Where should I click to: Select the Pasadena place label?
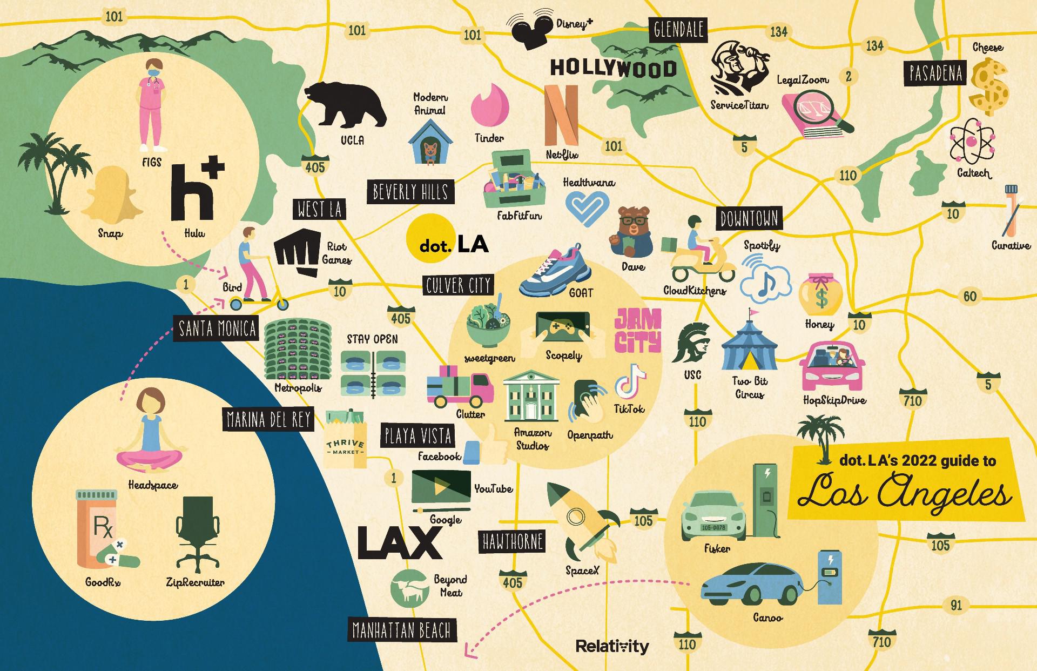[935, 74]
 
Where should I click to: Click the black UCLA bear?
[345, 105]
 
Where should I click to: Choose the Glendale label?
[678, 30]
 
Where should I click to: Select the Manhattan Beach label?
[401, 630]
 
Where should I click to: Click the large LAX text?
[400, 542]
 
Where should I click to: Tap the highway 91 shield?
[956, 605]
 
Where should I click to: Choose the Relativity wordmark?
[612, 646]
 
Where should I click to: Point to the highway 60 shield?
[970, 296]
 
